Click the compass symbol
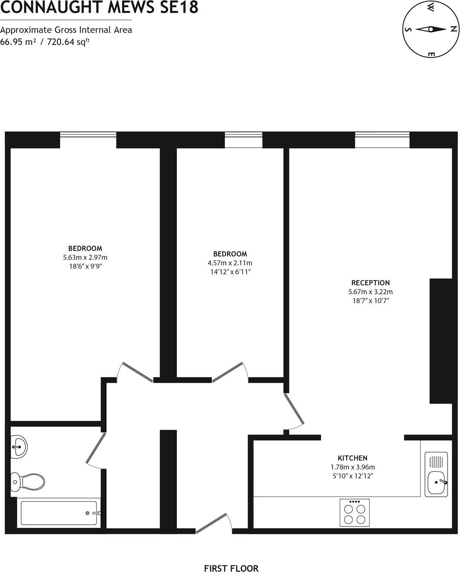pos(431,29)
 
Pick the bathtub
pos(59,514)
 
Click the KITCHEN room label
pos(353,458)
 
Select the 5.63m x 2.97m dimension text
pos(85,257)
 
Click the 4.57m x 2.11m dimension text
pos(230,263)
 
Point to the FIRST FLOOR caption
pos(231,568)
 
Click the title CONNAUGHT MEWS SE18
pos(99,7)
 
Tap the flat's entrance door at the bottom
pos(212,523)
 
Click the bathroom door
pos(96,449)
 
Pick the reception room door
pos(295,409)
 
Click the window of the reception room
pos(382,140)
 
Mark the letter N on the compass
pos(453,29)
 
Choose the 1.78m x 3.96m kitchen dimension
pos(353,467)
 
